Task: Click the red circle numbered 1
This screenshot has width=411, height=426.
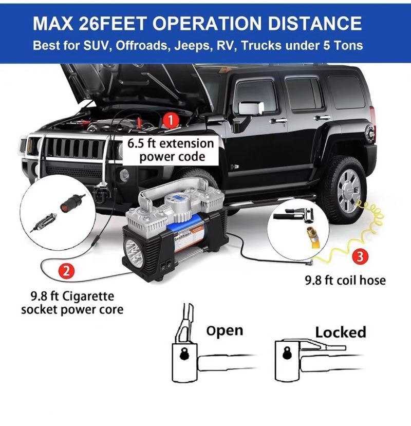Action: click(171, 120)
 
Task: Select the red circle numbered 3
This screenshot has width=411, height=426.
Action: click(360, 256)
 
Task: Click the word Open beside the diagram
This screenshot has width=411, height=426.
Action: click(225, 331)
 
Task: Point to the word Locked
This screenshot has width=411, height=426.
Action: click(341, 332)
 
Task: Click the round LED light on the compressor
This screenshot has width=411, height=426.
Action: click(133, 249)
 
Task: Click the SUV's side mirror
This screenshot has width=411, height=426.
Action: click(251, 108)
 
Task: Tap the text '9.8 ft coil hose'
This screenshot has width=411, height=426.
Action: click(345, 280)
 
